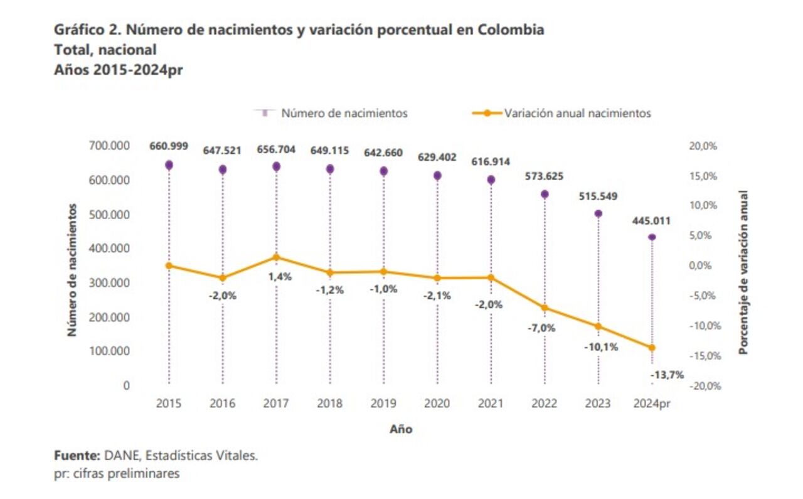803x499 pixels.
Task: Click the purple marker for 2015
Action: pos(169,165)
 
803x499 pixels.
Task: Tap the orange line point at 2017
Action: pos(276,257)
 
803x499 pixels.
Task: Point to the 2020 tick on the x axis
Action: pos(437,404)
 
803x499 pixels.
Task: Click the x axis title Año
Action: pos(401,430)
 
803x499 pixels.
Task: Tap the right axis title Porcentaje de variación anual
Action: pos(743,272)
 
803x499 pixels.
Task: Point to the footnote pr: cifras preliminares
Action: pos(117,474)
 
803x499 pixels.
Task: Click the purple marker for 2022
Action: pos(545,194)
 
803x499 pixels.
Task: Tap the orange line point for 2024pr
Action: pos(652,347)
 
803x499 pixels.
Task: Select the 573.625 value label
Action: pos(545,176)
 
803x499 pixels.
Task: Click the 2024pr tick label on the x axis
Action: pos(652,404)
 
